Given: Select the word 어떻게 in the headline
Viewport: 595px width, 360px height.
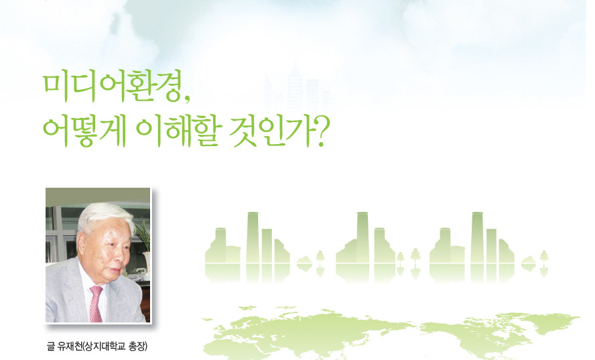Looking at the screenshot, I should tap(81, 126).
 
